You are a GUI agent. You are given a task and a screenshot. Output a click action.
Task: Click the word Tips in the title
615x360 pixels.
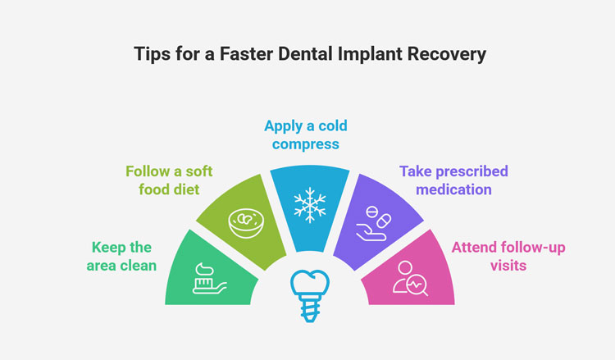150,54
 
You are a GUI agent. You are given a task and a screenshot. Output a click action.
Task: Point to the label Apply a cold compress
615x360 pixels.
305,134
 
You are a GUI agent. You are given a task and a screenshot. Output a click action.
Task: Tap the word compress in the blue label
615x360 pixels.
305,144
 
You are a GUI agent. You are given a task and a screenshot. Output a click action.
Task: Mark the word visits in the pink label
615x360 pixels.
508,266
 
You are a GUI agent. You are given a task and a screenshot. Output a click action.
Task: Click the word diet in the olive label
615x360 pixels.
189,189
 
